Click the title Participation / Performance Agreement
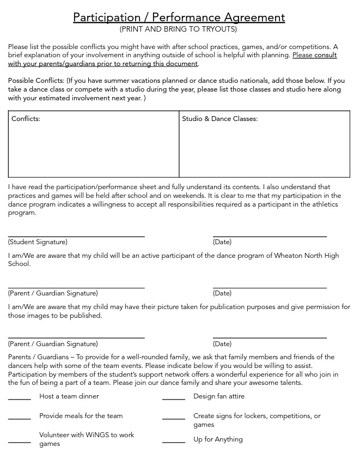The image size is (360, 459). (x=179, y=17)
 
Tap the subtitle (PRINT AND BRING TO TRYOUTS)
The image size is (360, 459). (x=179, y=29)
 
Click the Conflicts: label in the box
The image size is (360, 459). (x=26, y=119)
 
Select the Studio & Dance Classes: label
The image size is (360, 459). (x=219, y=119)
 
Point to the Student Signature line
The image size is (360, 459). (x=76, y=235)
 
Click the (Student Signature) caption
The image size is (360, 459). (x=38, y=242)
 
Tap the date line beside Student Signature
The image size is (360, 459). (x=270, y=235)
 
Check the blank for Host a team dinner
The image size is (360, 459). (x=20, y=398)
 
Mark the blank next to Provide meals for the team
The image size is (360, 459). (x=20, y=418)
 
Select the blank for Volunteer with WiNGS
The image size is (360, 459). (x=20, y=442)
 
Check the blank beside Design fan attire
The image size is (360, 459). (x=174, y=398)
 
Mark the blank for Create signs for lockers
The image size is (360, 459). (x=174, y=418)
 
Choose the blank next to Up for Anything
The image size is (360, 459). (x=174, y=442)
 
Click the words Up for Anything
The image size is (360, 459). (x=218, y=439)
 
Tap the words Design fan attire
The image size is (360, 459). (x=219, y=396)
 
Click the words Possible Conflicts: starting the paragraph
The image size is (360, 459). (x=36, y=81)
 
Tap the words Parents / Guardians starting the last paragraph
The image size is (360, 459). (x=38, y=357)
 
